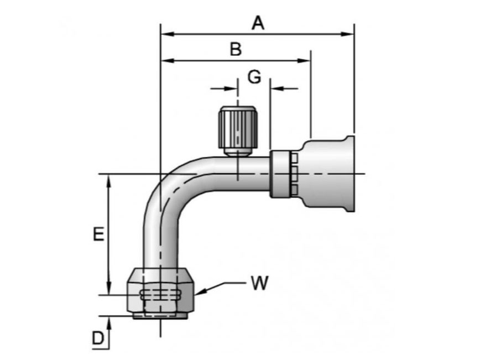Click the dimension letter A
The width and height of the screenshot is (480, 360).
click(258, 23)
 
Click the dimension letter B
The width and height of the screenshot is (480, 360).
click(236, 49)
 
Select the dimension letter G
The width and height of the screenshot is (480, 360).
click(254, 77)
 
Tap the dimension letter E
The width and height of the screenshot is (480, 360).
click(98, 234)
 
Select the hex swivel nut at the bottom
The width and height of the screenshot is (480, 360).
click(160, 293)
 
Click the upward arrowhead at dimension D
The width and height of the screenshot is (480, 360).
click(109, 321)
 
